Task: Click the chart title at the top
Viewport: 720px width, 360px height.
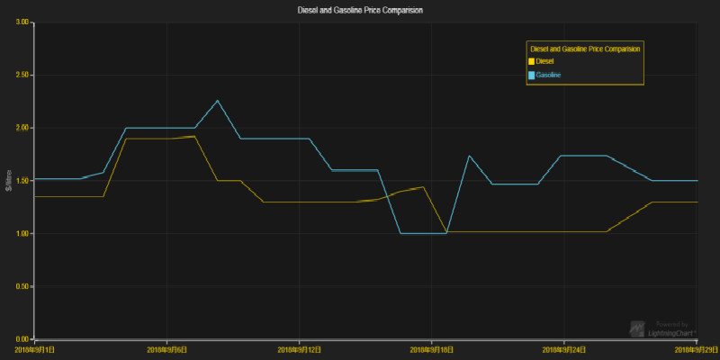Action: click(x=359, y=10)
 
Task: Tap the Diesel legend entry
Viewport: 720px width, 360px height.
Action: click(x=544, y=60)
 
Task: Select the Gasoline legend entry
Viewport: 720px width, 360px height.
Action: click(x=548, y=75)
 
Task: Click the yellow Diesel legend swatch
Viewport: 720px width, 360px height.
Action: click(x=531, y=60)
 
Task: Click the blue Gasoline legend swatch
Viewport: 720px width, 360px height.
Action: click(x=531, y=75)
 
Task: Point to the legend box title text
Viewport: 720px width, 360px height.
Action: click(x=585, y=49)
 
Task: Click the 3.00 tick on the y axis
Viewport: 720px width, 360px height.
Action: click(x=22, y=22)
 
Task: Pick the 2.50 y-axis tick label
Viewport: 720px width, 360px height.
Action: click(x=22, y=75)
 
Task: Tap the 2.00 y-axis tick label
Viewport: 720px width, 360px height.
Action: click(x=22, y=128)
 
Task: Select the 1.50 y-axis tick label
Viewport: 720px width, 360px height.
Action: click(x=22, y=181)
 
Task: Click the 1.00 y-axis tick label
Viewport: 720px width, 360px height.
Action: click(x=22, y=234)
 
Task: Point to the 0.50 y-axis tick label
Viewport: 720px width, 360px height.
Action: click(x=22, y=287)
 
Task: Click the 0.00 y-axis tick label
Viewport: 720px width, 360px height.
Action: click(x=22, y=339)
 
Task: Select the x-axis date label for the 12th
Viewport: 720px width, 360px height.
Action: click(x=300, y=349)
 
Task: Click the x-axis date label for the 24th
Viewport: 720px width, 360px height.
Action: click(x=565, y=349)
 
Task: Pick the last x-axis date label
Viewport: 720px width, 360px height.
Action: click(x=697, y=349)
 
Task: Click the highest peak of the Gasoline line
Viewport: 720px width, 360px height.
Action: click(x=218, y=101)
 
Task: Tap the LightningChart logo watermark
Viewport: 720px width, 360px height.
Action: click(x=662, y=328)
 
